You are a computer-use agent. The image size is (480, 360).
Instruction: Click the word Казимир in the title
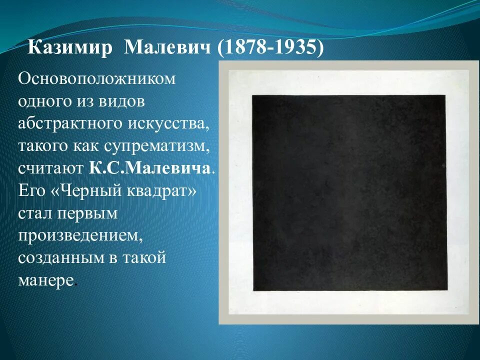[70, 48]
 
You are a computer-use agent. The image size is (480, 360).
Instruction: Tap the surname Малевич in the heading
[167, 48]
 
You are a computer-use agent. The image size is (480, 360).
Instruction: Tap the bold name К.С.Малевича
[150, 168]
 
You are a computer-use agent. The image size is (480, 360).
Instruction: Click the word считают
[50, 168]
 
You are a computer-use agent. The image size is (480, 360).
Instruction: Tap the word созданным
[63, 257]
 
